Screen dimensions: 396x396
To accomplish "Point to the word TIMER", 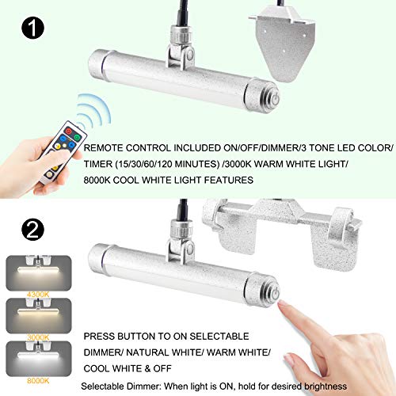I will coord(103,164).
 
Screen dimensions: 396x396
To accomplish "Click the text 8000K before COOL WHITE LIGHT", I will coord(101,181).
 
